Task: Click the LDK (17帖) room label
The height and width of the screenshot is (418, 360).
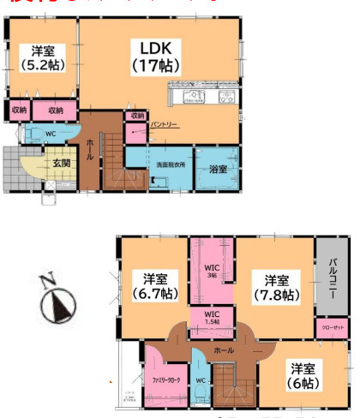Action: [x=154, y=54]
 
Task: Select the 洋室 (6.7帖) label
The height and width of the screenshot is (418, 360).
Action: [x=154, y=287]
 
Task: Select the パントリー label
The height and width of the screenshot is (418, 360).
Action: [x=163, y=126]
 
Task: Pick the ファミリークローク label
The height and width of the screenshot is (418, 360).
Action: [x=168, y=377]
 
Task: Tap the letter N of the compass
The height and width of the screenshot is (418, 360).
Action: [x=48, y=278]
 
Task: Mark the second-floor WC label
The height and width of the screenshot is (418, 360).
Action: [x=199, y=380]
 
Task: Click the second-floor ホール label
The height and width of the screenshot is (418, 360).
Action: [x=223, y=350]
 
